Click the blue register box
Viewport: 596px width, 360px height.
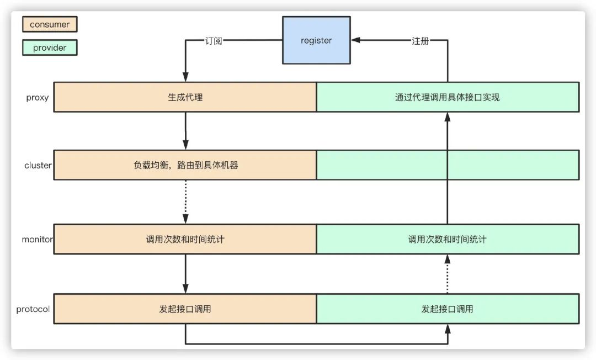[316, 40]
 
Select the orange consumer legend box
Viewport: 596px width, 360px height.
[50, 24]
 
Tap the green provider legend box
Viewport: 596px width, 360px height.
[50, 47]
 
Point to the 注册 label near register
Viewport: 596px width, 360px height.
[420, 41]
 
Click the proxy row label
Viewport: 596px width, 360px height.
[38, 98]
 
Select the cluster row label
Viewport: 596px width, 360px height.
[38, 165]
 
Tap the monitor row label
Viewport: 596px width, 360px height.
[37, 240]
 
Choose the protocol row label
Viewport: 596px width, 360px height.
[33, 309]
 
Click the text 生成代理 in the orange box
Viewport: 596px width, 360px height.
[185, 97]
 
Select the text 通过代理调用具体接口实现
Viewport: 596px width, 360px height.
[448, 97]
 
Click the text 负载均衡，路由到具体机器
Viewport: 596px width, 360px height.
[185, 165]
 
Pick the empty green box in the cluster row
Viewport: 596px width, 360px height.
[448, 165]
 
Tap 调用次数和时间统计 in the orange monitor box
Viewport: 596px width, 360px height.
[185, 240]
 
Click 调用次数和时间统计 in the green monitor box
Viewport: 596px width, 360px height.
[448, 240]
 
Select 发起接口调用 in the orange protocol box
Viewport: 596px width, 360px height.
[185, 309]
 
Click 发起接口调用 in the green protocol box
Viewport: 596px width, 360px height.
[448, 309]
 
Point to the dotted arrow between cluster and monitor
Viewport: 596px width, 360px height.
[185, 202]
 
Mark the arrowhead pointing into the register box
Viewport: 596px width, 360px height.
[355, 40]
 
